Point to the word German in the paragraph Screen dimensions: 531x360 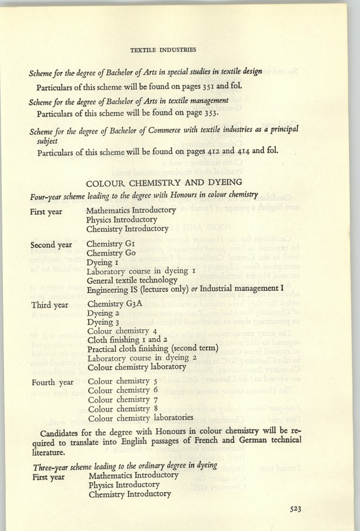pos(235,442)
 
